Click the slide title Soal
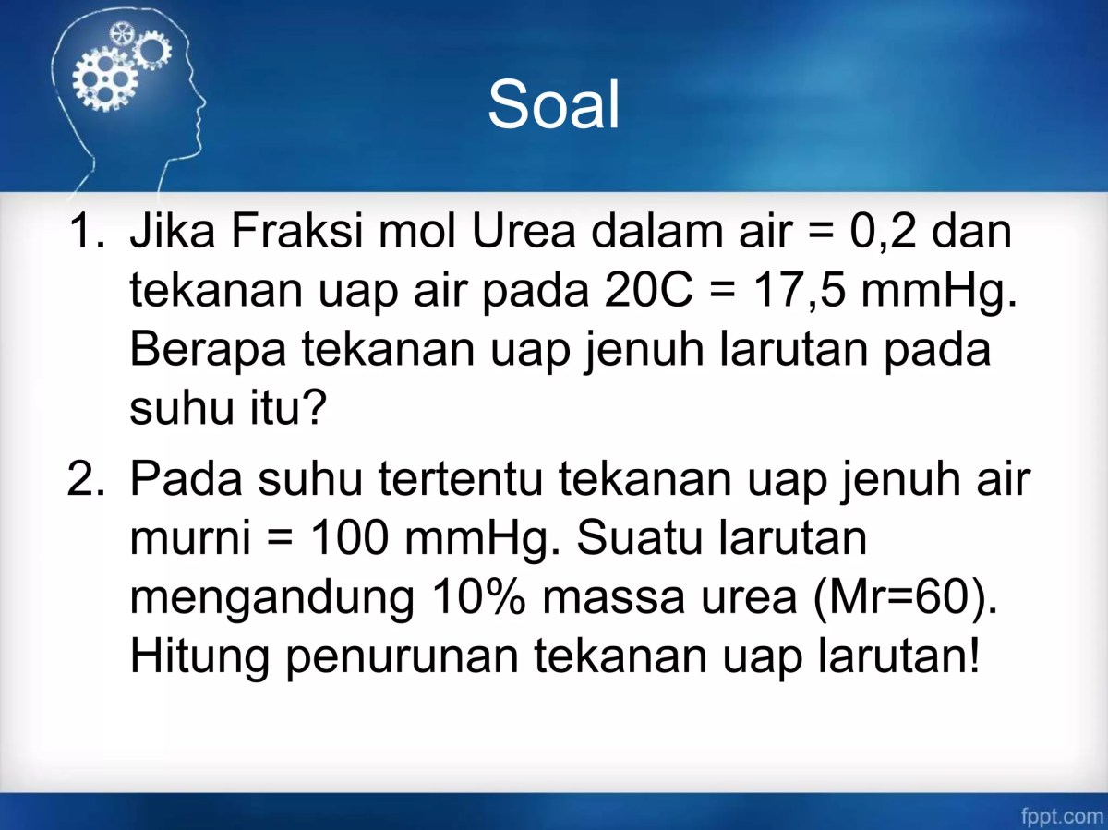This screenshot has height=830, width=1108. click(553, 104)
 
